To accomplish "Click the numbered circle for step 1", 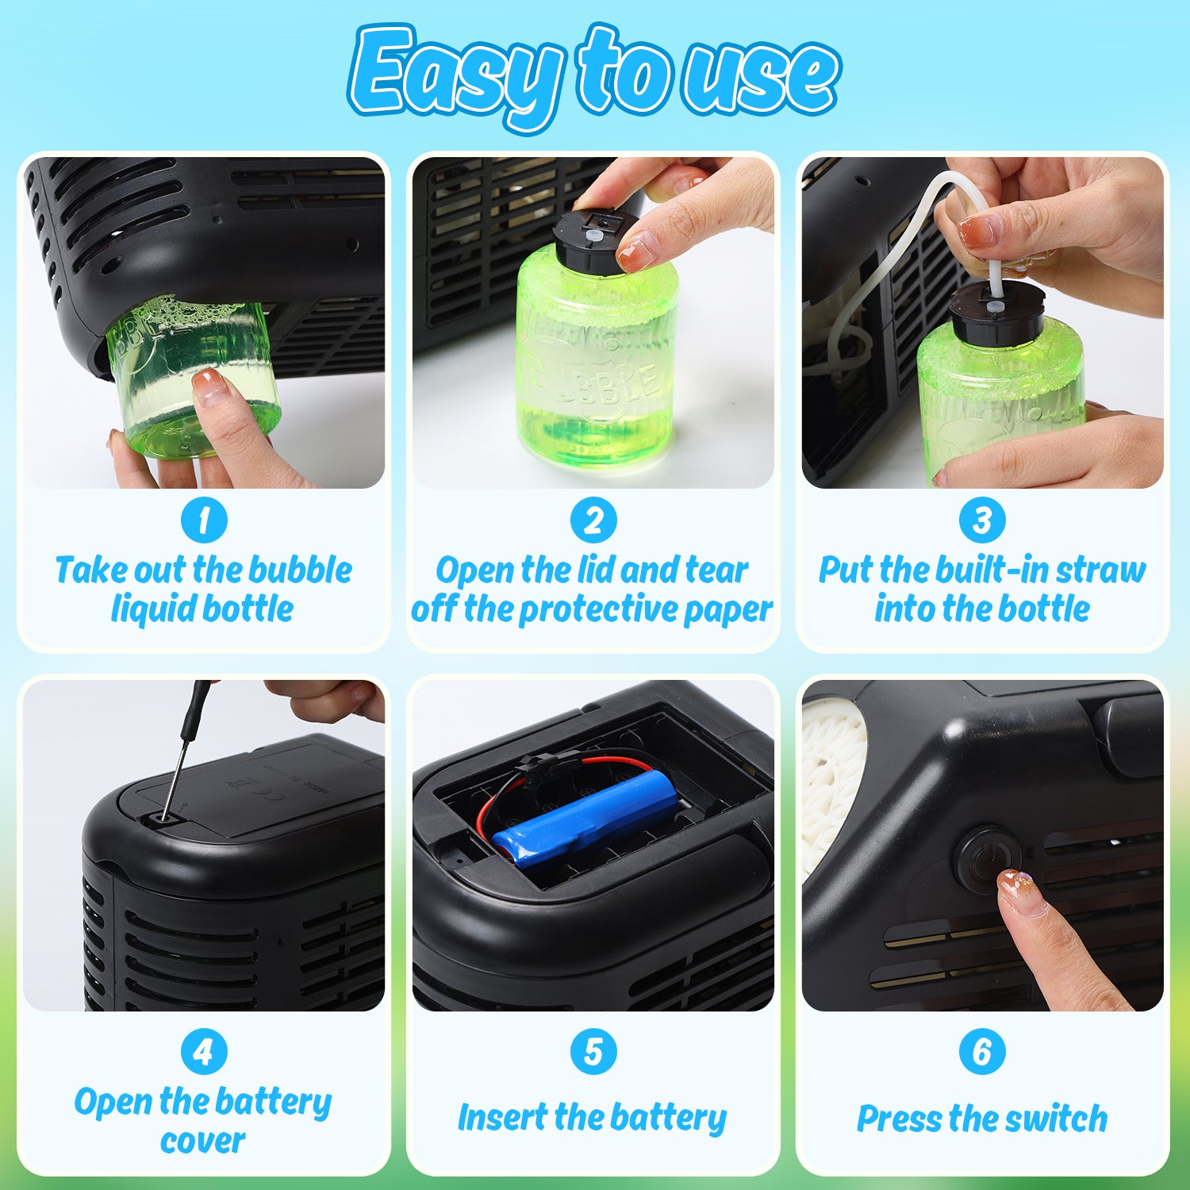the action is [204, 520].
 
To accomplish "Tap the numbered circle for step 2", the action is [593, 520].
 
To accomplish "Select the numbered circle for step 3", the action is [982, 520].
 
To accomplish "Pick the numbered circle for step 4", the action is [204, 1052].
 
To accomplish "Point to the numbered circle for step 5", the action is [593, 1052].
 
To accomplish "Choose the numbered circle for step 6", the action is [982, 1052].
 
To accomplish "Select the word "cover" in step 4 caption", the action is [202, 1142].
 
